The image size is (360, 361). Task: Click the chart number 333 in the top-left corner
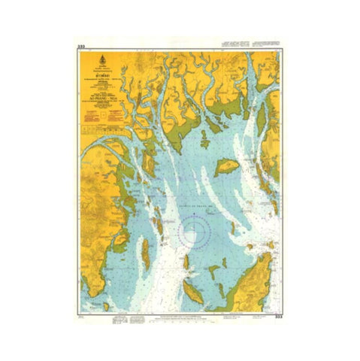[x=80, y=47]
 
